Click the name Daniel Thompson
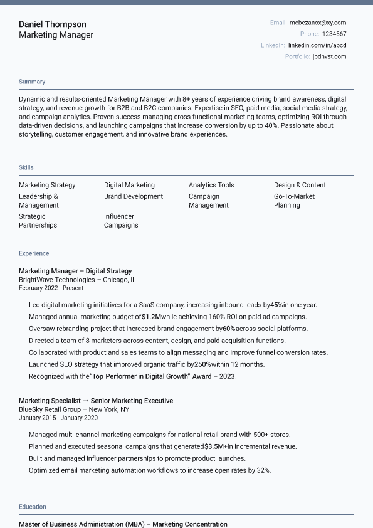[53, 24]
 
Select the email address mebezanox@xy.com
[318, 23]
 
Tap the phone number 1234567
[334, 34]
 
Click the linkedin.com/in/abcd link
[317, 45]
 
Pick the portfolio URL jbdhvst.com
[329, 56]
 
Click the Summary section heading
[32, 82]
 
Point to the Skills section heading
[26, 167]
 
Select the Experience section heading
[34, 253]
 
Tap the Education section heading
[33, 507]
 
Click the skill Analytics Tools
[211, 185]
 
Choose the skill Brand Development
[134, 196]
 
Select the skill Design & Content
[300, 185]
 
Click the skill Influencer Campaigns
[121, 221]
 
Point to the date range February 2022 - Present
[51, 288]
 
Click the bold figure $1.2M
[151, 317]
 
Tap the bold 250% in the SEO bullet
[202, 364]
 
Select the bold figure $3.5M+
[216, 446]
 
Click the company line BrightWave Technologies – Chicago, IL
[77, 280]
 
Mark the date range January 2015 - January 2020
[58, 418]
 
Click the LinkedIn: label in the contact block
[273, 45]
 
